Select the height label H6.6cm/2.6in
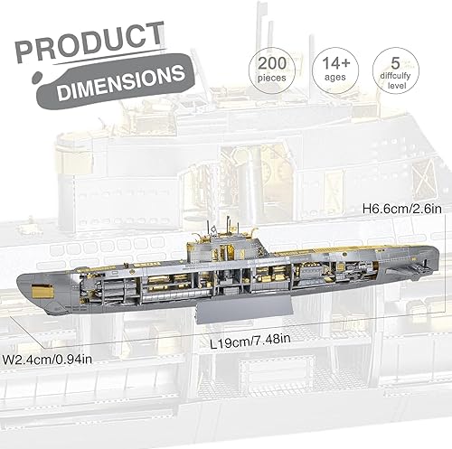pos(401,209)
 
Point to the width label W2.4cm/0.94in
pos(52,359)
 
